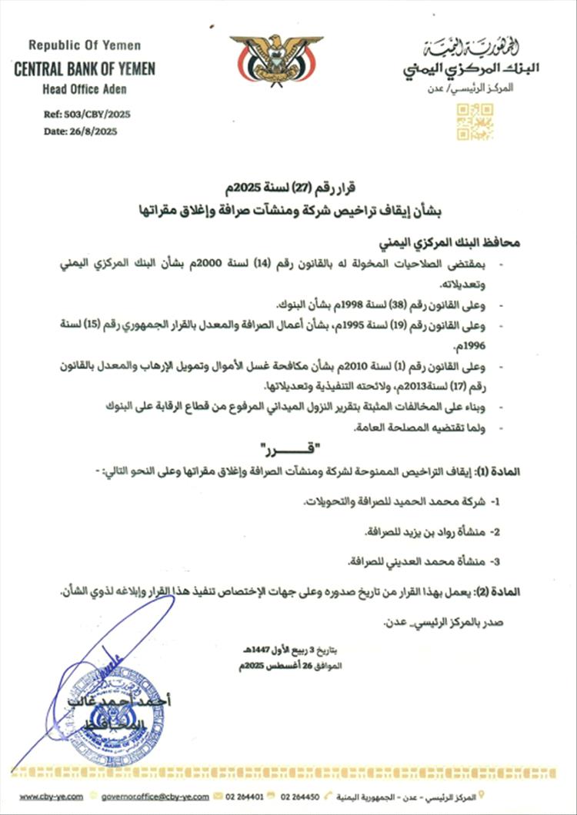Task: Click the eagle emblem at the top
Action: (276, 59)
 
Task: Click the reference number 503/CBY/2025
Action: (97, 114)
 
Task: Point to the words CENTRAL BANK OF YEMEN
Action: (85, 69)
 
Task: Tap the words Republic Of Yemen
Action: (85, 45)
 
